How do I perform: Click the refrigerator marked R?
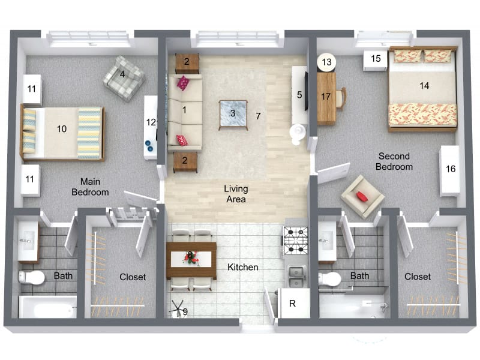tap(293, 304)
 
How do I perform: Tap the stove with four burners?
tap(296, 241)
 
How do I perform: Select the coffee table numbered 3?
tap(233, 114)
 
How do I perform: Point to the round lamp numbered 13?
tap(326, 61)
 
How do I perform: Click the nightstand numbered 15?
tap(376, 60)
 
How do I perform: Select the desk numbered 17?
tap(326, 97)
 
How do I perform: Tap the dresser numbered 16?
tap(450, 170)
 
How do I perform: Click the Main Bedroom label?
tap(90, 187)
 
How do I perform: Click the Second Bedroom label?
tap(394, 161)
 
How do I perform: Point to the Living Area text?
tap(236, 194)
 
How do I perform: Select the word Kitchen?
tap(243, 267)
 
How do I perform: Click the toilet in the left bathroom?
tap(32, 277)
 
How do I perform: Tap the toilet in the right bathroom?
tap(330, 279)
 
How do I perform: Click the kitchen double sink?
tap(295, 277)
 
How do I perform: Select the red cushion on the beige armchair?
tap(362, 196)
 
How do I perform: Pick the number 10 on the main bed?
tap(61, 128)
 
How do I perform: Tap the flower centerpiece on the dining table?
tap(191, 257)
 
